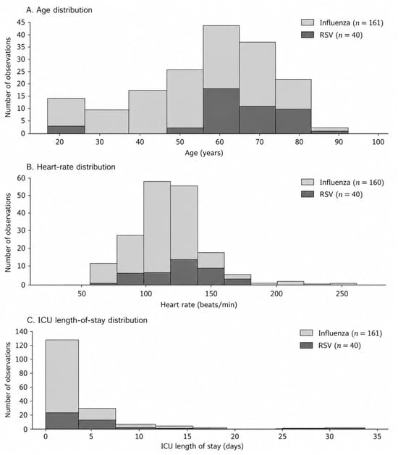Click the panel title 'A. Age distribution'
pyautogui.click(x=59, y=10)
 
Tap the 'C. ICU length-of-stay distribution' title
pyautogui.click(x=87, y=320)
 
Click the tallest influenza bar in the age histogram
pyautogui.click(x=221, y=57)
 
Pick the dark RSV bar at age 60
pyautogui.click(x=221, y=111)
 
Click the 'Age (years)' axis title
pyautogui.click(x=204, y=153)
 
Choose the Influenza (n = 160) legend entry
pyautogui.click(x=342, y=183)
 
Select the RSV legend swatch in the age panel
pyautogui.click(x=308, y=35)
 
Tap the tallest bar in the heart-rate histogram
pyautogui.click(x=157, y=227)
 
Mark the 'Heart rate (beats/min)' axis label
pyautogui.click(x=199, y=305)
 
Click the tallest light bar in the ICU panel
pyautogui.click(x=62, y=376)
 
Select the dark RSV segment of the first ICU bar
pyautogui.click(x=62, y=421)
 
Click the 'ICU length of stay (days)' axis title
pyautogui.click(x=203, y=446)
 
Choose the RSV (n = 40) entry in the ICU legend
pyautogui.click(x=331, y=346)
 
